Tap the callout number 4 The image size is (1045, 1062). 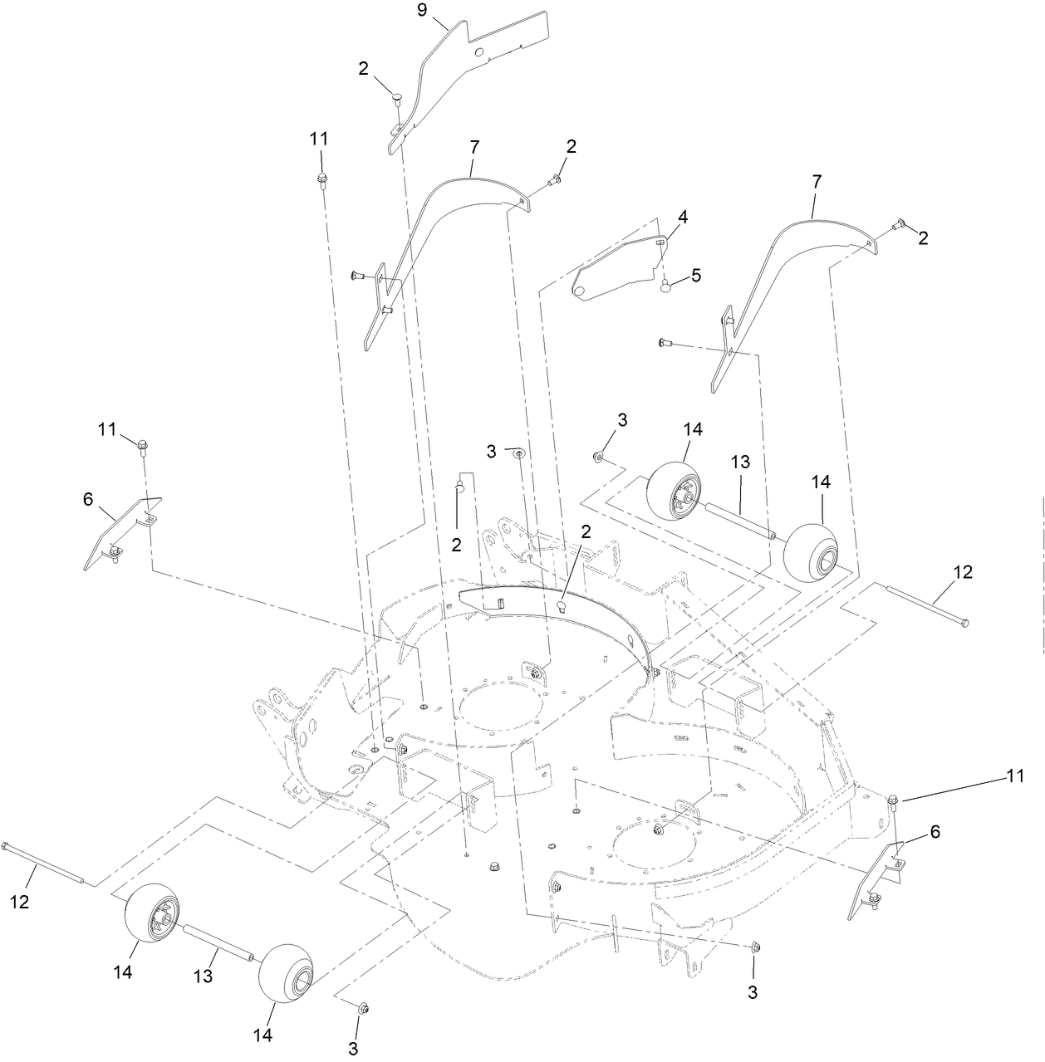coord(682,218)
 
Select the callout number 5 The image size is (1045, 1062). coord(694,276)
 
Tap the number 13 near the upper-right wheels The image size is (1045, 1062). coord(740,462)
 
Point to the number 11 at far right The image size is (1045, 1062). coord(1011,778)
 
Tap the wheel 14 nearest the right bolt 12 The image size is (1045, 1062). coord(809,553)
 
